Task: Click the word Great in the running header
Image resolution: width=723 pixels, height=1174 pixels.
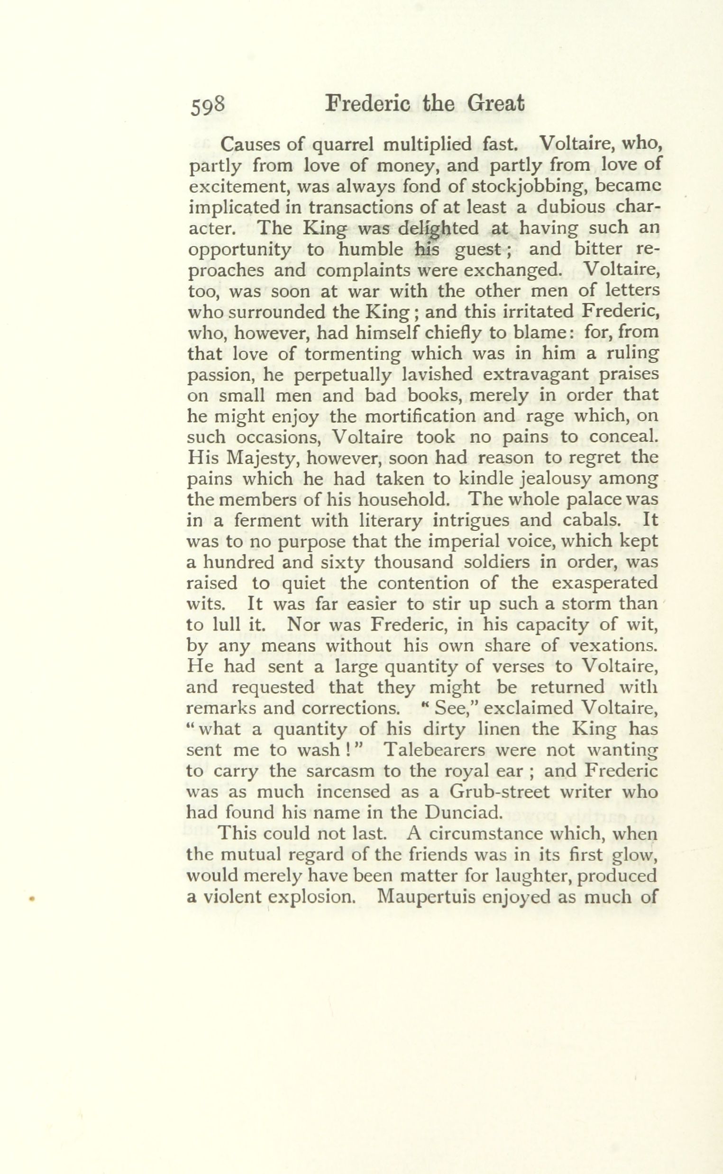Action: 495,104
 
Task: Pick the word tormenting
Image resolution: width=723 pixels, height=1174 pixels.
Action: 353,354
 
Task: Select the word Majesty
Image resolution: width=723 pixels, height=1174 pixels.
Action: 262,458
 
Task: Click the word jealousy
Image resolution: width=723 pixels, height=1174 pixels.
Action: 573,479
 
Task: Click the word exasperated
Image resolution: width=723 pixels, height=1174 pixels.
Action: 604,583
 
